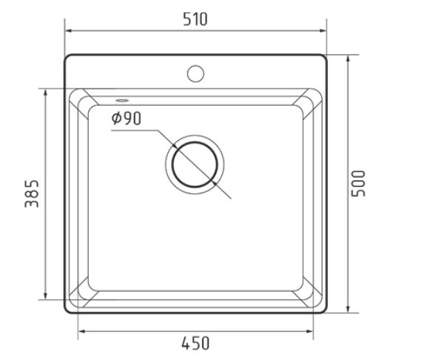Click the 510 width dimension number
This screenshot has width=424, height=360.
195,19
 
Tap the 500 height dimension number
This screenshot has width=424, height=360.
358,183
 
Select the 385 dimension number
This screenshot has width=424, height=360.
32,193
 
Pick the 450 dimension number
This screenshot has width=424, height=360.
195,343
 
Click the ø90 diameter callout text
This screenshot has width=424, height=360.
127,119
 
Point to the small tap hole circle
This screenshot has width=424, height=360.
195,73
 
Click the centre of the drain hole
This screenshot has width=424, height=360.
195,164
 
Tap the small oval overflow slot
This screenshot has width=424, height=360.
122,101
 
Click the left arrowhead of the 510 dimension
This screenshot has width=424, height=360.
70,31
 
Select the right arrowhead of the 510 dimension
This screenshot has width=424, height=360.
323,31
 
